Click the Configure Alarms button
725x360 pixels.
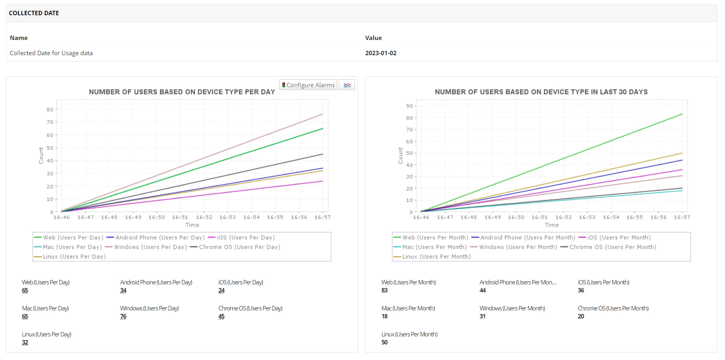tap(308, 85)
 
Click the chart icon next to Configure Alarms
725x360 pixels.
tap(347, 85)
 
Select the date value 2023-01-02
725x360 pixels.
tap(380, 53)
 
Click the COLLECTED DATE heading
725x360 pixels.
tap(34, 13)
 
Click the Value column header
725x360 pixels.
tap(373, 38)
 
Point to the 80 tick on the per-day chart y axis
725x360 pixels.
tap(50, 110)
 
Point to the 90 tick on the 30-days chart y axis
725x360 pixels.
tap(409, 106)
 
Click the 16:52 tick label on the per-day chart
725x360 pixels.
tap(204, 218)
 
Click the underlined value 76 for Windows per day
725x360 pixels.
tap(123, 316)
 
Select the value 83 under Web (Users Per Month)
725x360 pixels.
tap(384, 290)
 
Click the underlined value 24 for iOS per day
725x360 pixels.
tap(221, 290)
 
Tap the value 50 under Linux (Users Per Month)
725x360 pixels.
tap(384, 342)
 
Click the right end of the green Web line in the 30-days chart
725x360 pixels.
tap(682, 114)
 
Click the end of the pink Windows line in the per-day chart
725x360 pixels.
tap(322, 114)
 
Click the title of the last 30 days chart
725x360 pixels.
tap(541, 92)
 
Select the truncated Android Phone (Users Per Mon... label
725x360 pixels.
tap(518, 282)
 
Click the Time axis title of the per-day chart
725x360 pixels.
tap(192, 225)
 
